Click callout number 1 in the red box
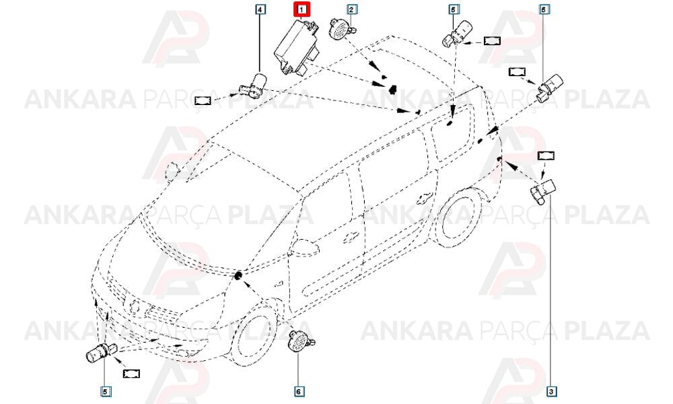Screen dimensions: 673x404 point(303,9)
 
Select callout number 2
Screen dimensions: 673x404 point(351,9)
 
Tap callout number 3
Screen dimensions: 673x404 point(552,391)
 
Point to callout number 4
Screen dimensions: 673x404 point(260,9)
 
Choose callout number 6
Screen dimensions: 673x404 point(299,391)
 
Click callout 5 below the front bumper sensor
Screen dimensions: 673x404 point(106,391)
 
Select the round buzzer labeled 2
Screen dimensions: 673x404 point(342,29)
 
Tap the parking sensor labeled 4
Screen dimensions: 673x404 point(254,85)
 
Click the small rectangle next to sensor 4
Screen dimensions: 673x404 point(203,100)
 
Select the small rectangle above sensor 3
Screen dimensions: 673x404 point(546,156)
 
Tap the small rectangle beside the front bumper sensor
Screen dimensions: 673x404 point(131,374)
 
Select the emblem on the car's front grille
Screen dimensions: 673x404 point(134,306)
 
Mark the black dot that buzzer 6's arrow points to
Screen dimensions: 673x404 point(238,275)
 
